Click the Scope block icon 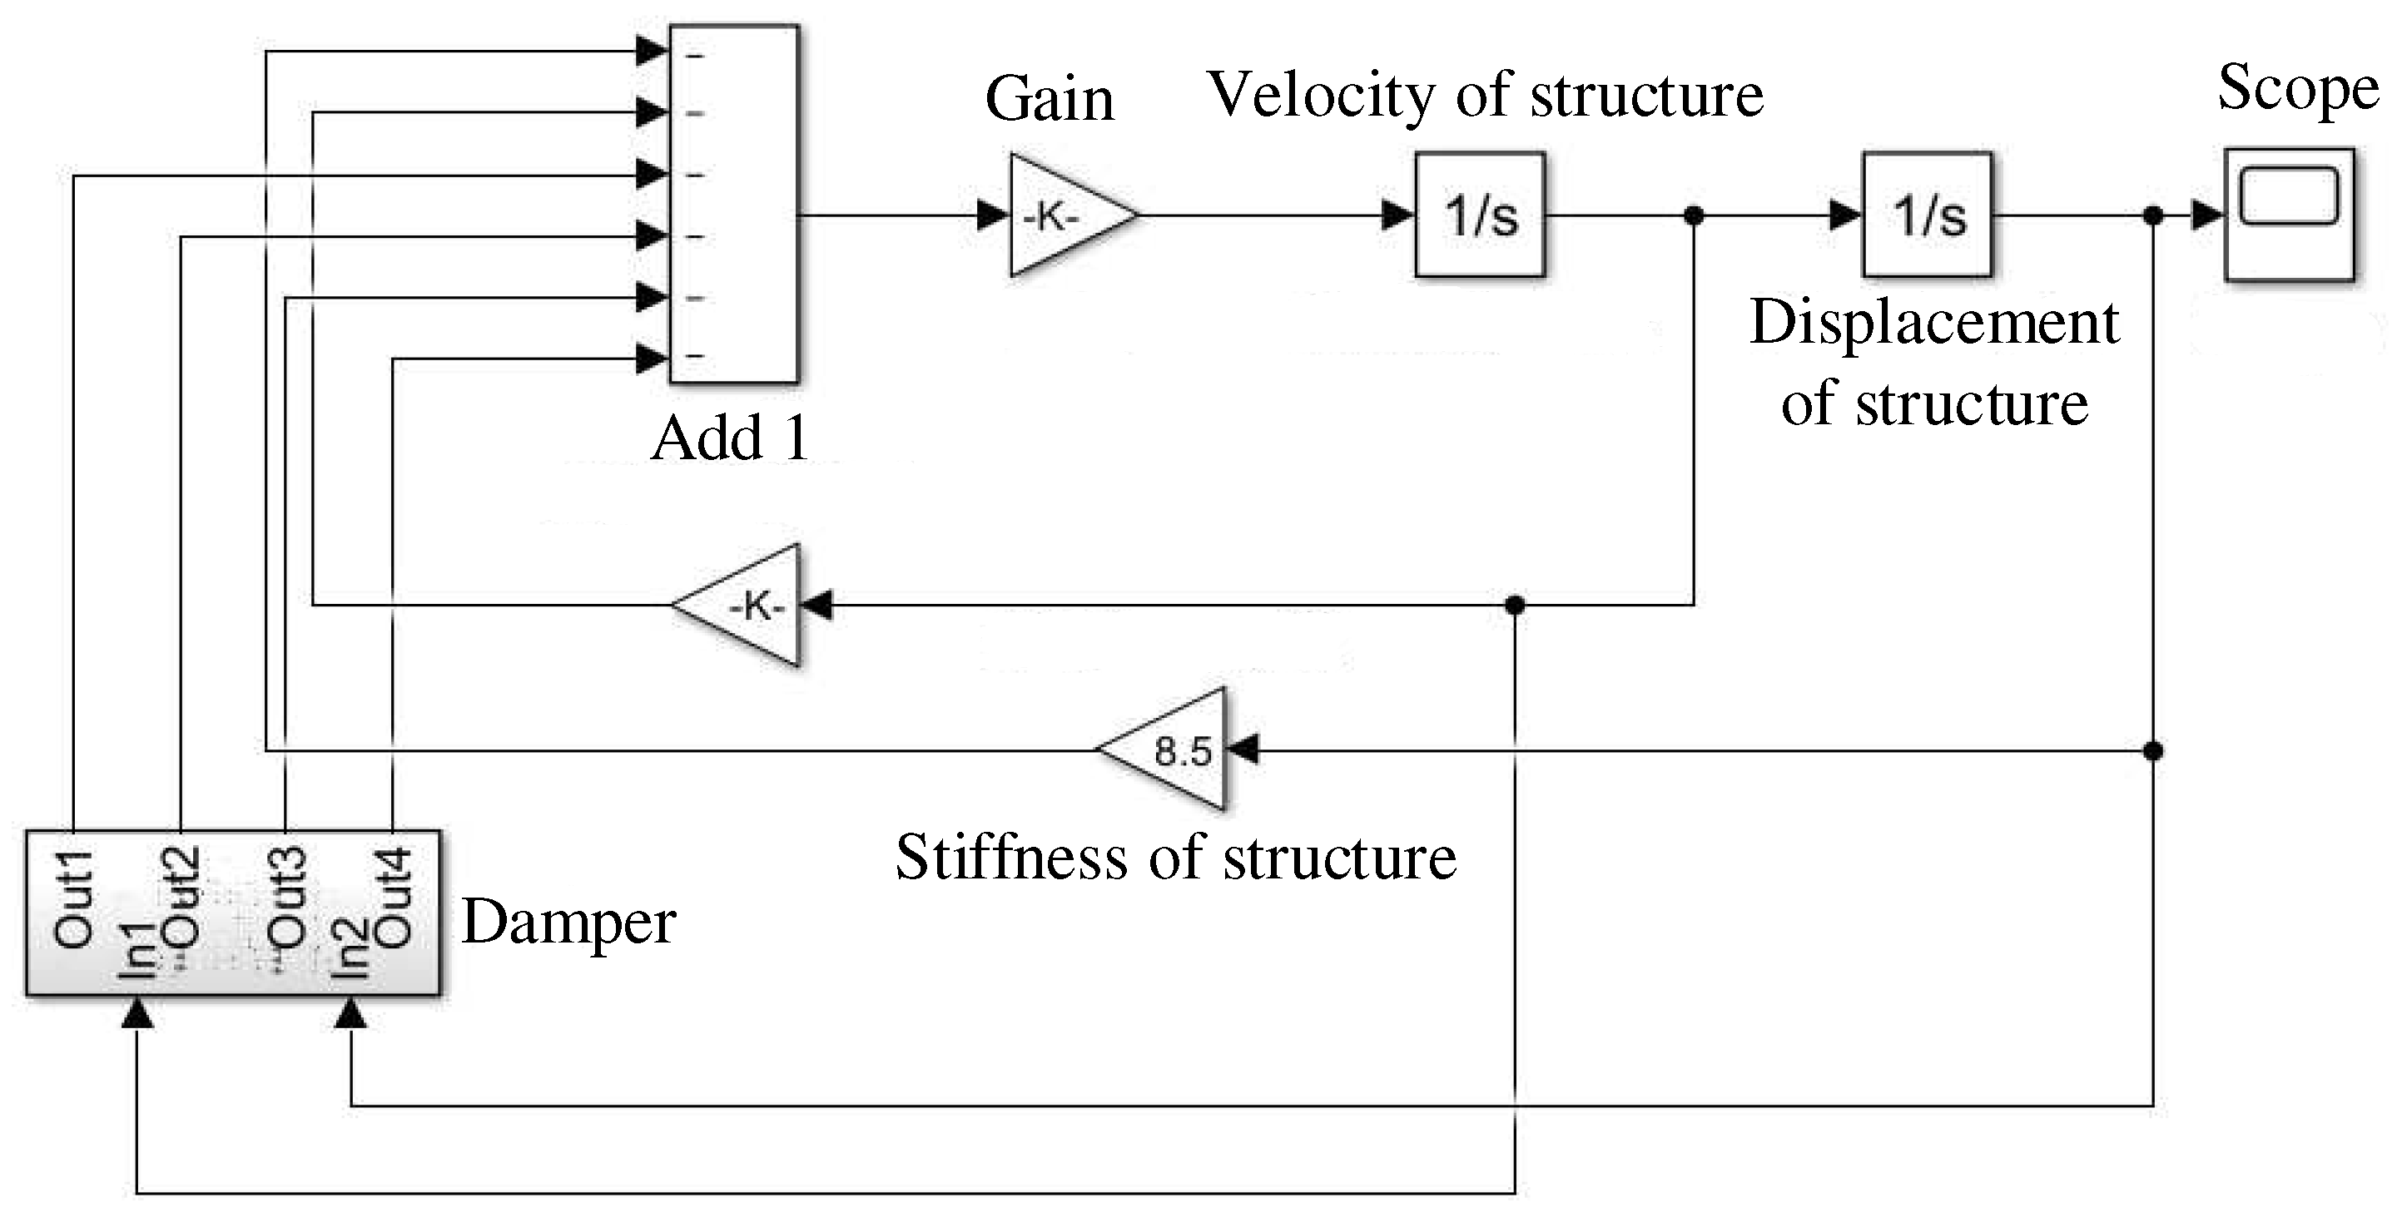(2288, 215)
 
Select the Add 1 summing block (734, 203)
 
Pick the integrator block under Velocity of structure (1480, 215)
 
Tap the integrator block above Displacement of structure (1928, 215)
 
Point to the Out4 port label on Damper (394, 897)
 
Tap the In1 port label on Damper (137, 951)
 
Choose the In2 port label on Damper (350, 949)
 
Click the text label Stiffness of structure (1175, 858)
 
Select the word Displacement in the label (1934, 324)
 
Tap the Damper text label (568, 923)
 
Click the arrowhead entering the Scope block (2207, 215)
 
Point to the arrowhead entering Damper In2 (350, 1014)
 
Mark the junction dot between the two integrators (1695, 215)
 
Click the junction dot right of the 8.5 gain (2153, 750)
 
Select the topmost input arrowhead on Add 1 (652, 52)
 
